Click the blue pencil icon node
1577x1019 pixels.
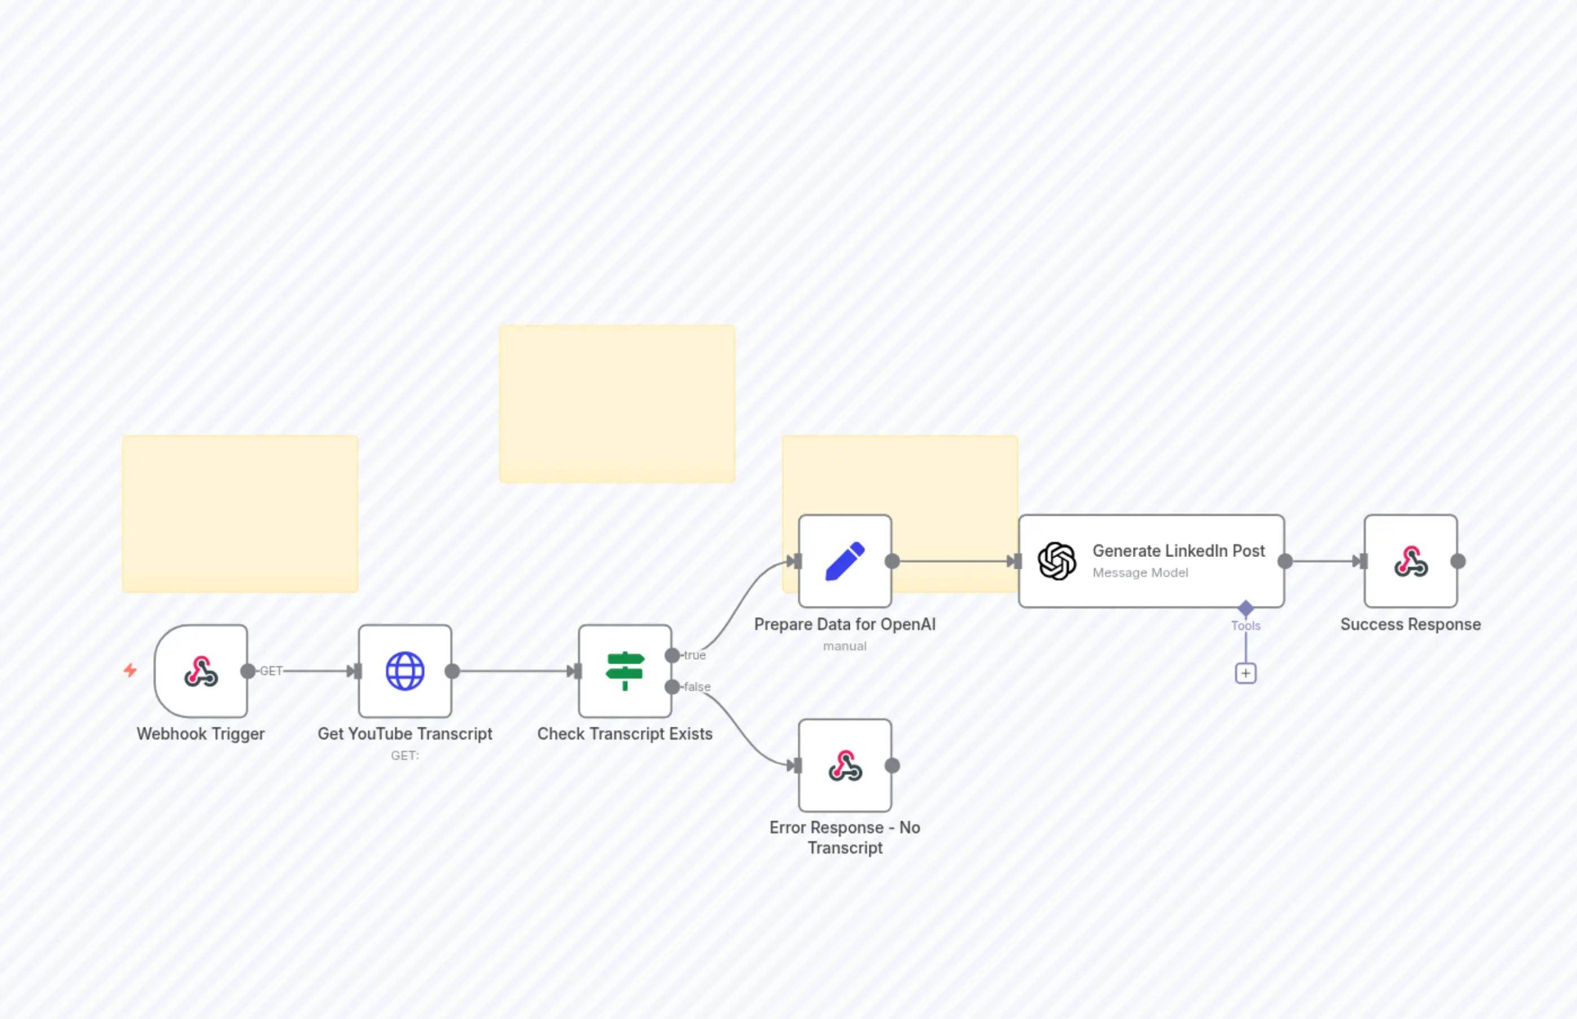coord(845,561)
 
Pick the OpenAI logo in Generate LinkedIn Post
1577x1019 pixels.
coord(1057,561)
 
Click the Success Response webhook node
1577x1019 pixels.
coord(1410,561)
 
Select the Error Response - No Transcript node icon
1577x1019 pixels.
coord(845,766)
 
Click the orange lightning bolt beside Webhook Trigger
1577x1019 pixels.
coord(130,670)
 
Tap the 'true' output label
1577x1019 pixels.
coord(695,655)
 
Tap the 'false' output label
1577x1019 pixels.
coord(696,687)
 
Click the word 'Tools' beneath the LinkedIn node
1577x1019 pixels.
coord(1246,626)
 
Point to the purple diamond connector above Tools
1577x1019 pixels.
coord(1246,607)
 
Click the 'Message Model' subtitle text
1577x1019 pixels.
coord(1140,572)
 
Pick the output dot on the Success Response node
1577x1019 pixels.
coord(1458,561)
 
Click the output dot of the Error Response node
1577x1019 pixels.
coord(892,766)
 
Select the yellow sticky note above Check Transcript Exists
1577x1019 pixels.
coord(616,404)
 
